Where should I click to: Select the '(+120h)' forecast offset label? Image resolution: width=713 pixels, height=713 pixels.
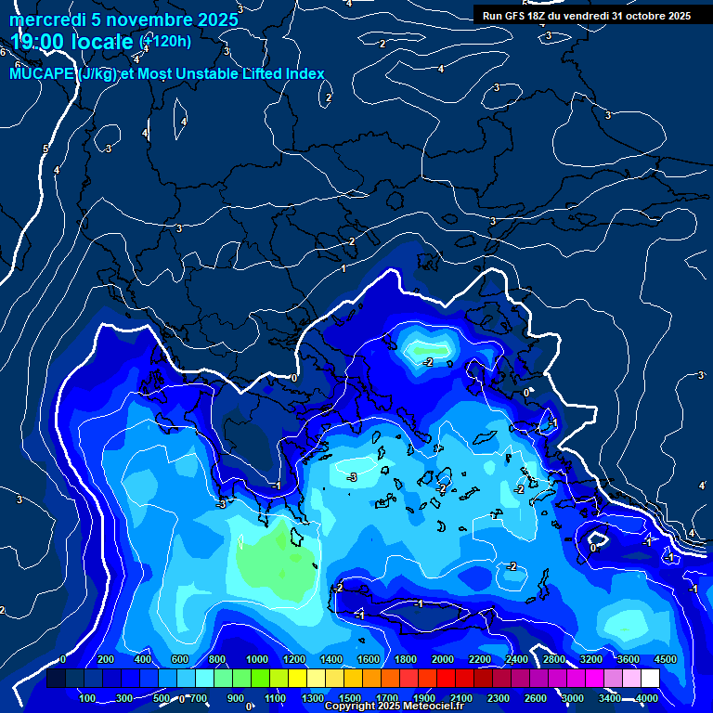tap(165, 41)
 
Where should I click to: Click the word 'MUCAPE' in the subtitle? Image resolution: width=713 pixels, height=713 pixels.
tap(38, 74)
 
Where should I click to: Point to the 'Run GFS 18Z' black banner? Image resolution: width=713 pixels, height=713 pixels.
tap(586, 16)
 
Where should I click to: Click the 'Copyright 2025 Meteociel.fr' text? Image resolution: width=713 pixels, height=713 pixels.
tap(394, 707)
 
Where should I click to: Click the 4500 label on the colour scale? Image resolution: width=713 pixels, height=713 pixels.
tap(665, 659)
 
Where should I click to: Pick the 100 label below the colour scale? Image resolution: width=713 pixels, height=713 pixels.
tap(89, 698)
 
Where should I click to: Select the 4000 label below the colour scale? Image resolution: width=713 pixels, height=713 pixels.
tap(647, 698)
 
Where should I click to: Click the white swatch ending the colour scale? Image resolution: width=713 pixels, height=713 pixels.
tap(649, 680)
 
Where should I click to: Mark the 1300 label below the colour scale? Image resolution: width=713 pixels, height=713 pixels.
tap(312, 698)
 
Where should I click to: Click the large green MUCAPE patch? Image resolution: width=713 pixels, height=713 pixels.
tap(274, 563)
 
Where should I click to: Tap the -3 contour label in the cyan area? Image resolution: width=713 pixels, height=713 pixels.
tap(351, 477)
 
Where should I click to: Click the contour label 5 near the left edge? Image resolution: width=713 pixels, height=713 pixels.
tap(45, 149)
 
